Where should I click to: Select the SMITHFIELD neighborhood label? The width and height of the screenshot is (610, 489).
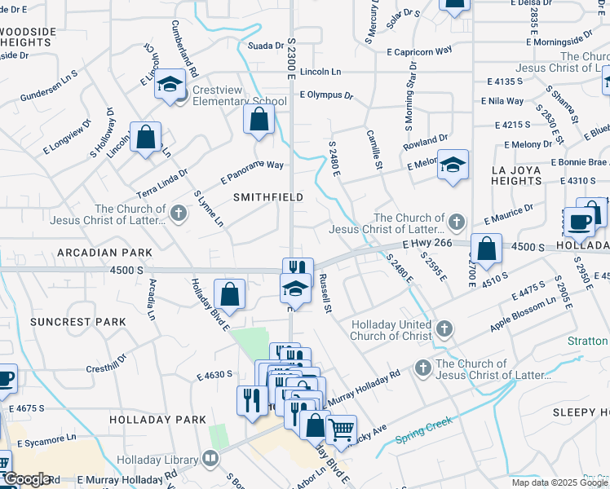click(267, 197)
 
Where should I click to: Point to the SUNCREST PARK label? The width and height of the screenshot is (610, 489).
click(78, 322)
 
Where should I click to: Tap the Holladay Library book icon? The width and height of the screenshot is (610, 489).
click(211, 459)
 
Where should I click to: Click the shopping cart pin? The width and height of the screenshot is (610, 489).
click(340, 428)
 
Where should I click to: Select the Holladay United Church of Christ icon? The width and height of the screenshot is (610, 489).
click(444, 328)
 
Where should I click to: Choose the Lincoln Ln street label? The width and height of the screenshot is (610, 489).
click(320, 72)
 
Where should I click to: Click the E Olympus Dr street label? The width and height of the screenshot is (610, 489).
click(325, 95)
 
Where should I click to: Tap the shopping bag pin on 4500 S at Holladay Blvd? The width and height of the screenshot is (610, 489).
click(231, 294)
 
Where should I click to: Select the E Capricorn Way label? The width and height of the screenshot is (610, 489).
click(419, 51)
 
